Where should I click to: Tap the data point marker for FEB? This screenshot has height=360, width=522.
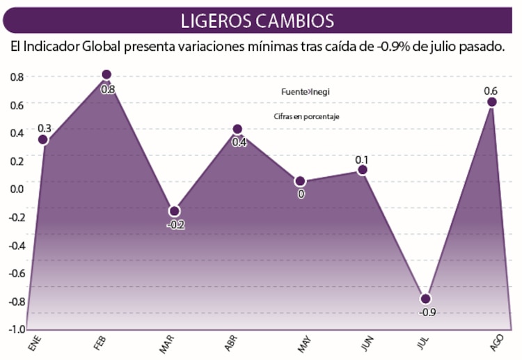(x=106, y=75)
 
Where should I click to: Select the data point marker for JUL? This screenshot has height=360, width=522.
(x=425, y=299)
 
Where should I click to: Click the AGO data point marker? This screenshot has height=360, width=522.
(x=491, y=102)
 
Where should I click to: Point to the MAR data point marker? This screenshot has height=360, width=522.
(x=174, y=211)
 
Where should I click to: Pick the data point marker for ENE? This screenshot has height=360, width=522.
(x=43, y=140)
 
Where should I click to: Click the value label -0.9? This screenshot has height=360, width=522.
(x=427, y=312)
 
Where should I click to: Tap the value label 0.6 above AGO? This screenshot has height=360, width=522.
(x=490, y=91)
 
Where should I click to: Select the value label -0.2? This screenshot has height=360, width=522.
(x=175, y=225)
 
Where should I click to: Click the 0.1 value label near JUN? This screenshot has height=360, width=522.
(x=361, y=158)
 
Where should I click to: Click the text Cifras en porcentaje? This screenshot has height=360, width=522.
(x=306, y=117)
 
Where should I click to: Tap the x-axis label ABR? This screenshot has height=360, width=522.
(x=232, y=343)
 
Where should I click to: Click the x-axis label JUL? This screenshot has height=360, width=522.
(x=424, y=343)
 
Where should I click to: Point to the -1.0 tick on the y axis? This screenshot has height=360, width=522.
(x=15, y=329)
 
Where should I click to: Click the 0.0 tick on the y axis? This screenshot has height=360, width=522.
(x=16, y=188)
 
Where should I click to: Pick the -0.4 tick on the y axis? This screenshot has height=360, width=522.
(x=15, y=244)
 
